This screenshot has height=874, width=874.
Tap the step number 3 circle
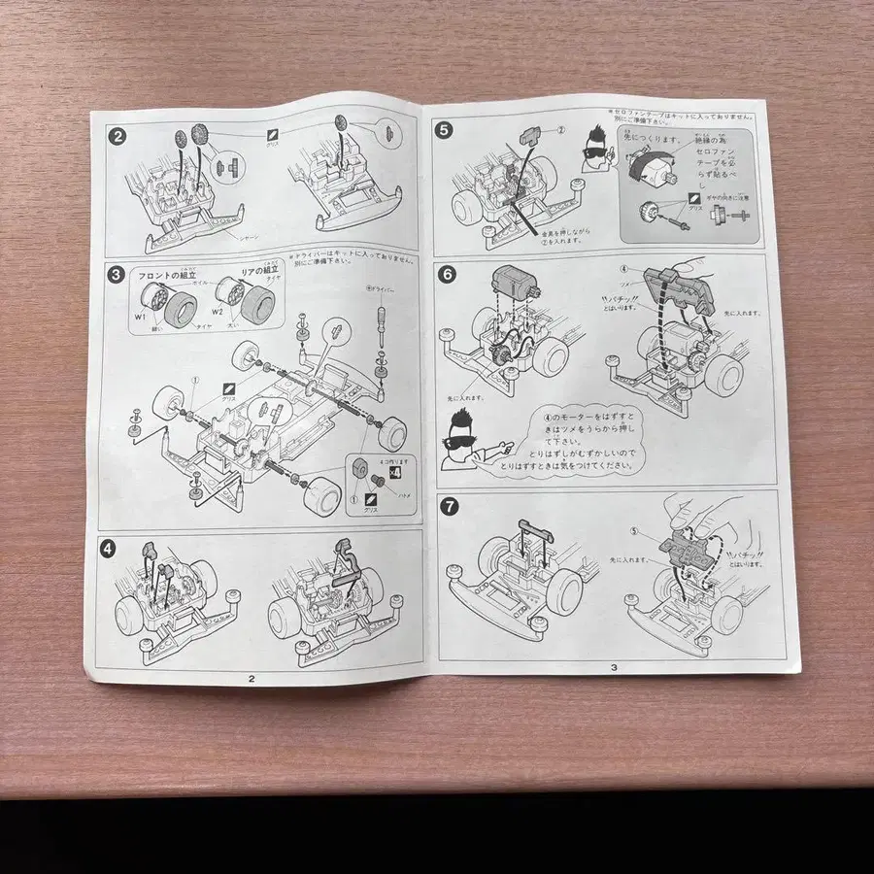(117, 275)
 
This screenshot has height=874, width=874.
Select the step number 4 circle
(109, 547)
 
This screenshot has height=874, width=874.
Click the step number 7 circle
(449, 505)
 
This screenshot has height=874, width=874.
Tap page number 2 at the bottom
(251, 679)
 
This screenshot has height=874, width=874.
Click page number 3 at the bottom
(614, 666)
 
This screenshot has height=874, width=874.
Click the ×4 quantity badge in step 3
(395, 472)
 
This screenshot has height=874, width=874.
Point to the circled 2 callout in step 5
(560, 129)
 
